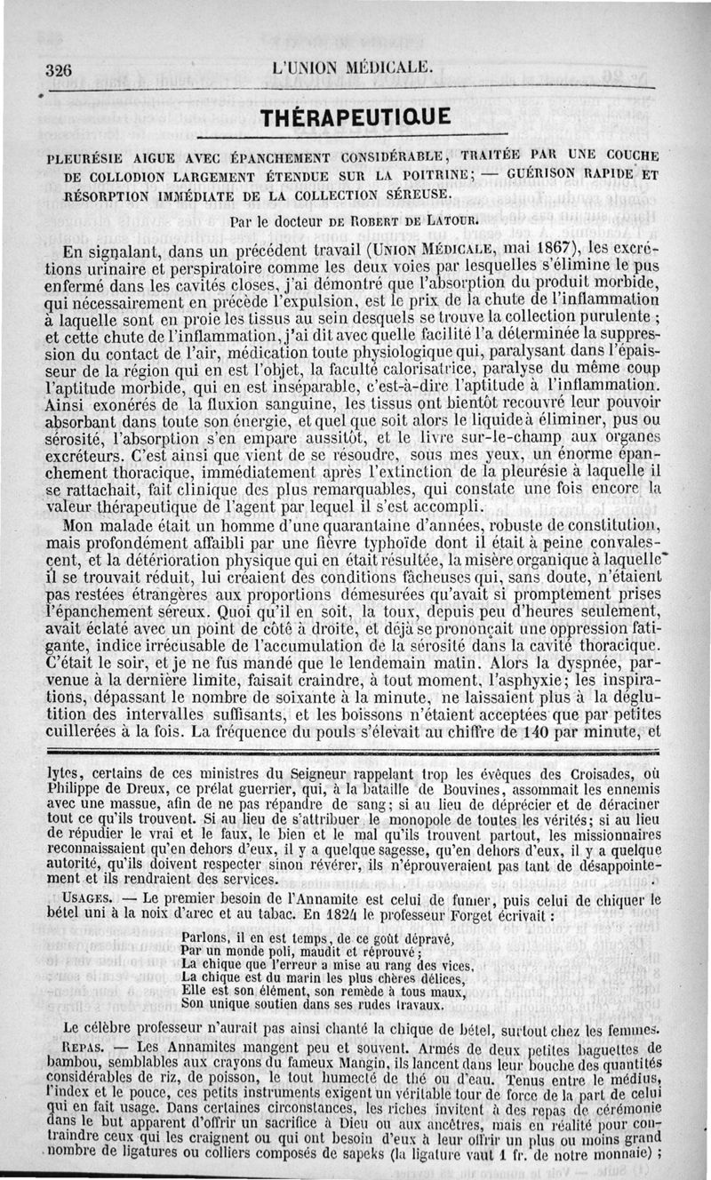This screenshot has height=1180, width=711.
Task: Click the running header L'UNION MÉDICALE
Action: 354,68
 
